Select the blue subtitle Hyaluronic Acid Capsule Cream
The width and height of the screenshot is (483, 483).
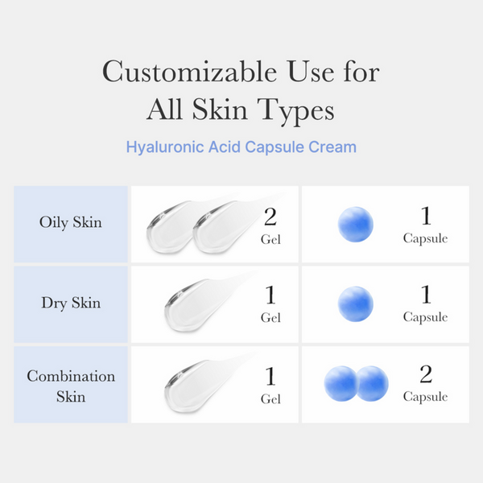(x=241, y=147)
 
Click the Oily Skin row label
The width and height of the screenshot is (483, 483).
(x=71, y=222)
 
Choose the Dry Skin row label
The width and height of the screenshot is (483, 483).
(x=71, y=303)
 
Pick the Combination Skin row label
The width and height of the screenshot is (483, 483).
(x=71, y=386)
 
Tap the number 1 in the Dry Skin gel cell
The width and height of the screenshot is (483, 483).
(x=270, y=295)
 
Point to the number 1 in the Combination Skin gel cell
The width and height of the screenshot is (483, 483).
(x=270, y=375)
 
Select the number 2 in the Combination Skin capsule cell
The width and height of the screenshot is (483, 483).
(x=426, y=374)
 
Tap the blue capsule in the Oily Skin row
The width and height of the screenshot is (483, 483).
(x=355, y=224)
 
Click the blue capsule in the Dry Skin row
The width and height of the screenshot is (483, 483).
(x=355, y=303)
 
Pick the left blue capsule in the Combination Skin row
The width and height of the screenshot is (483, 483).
(x=341, y=383)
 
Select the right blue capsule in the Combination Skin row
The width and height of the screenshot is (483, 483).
(x=372, y=383)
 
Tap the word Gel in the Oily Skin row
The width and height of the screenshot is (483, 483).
(x=270, y=239)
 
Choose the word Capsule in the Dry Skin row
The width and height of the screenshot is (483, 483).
(x=425, y=317)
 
